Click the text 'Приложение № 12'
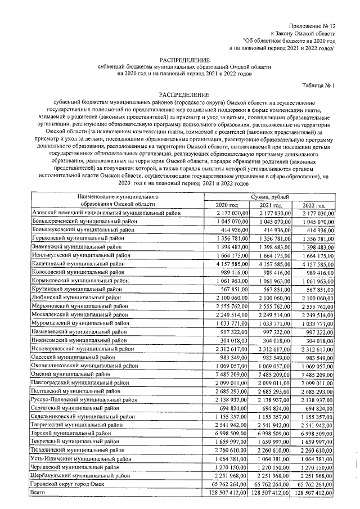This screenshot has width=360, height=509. click(312, 27)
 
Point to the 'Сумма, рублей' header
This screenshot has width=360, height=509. click(272, 197)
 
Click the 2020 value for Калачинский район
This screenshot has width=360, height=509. click(231, 263)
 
